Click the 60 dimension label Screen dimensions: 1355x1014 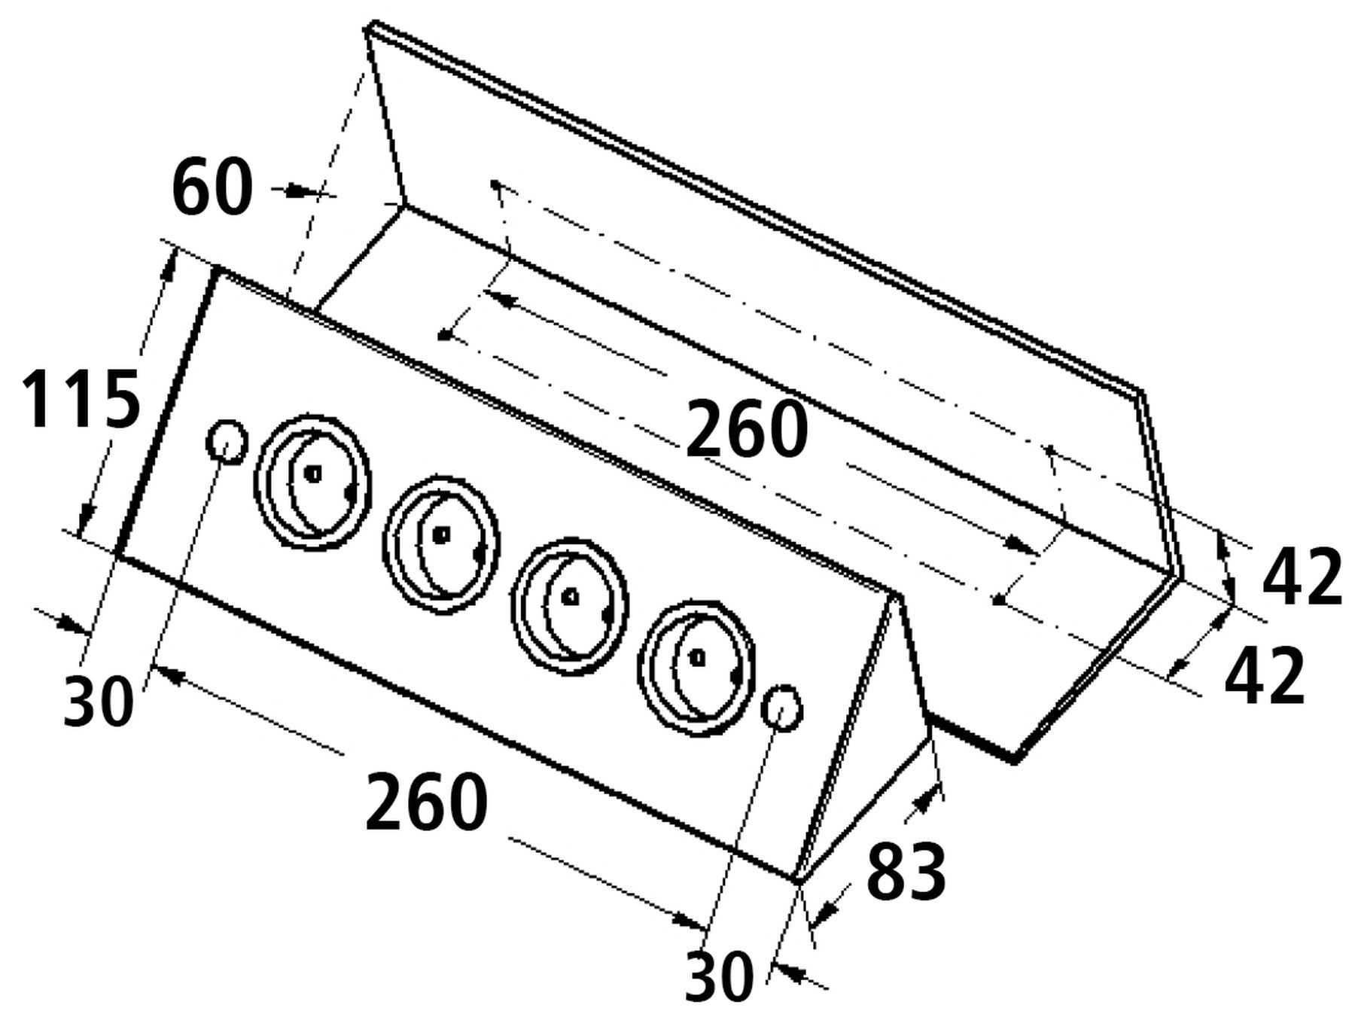tap(212, 187)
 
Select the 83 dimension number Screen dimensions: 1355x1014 tap(906, 871)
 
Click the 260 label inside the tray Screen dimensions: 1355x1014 tap(747, 428)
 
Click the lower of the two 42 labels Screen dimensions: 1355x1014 tap(1265, 677)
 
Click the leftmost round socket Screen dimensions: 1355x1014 tap(312, 476)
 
